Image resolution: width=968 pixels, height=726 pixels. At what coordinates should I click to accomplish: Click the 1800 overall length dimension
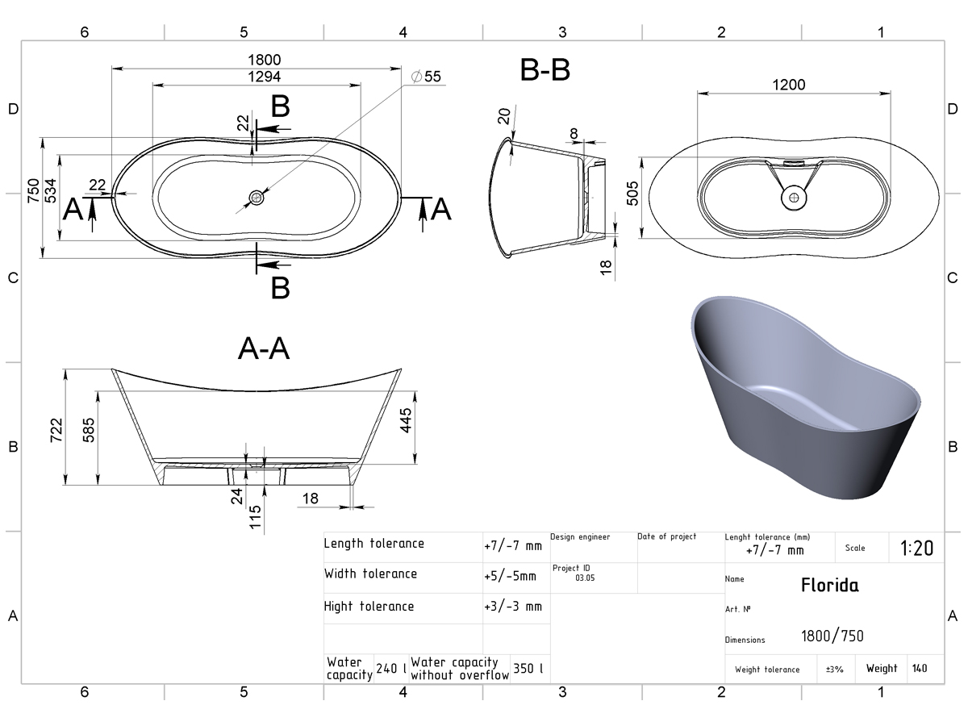(x=264, y=60)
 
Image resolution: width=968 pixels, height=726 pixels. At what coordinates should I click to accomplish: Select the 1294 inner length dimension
(x=264, y=77)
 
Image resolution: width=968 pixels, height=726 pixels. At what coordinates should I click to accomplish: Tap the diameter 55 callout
(x=426, y=77)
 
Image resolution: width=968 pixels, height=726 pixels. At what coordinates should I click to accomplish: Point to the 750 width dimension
(x=34, y=190)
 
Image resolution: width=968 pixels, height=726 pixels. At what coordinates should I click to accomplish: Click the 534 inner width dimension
(x=51, y=190)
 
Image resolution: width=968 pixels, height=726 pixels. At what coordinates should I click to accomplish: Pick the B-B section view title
(x=545, y=69)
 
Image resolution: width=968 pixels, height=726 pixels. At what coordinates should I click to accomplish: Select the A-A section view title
(x=264, y=348)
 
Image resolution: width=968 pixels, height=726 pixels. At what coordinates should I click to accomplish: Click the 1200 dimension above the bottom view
(x=788, y=84)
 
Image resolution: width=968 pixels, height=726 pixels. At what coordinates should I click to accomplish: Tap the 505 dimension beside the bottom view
(x=632, y=193)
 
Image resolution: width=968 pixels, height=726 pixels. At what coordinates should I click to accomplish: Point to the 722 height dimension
(x=56, y=430)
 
